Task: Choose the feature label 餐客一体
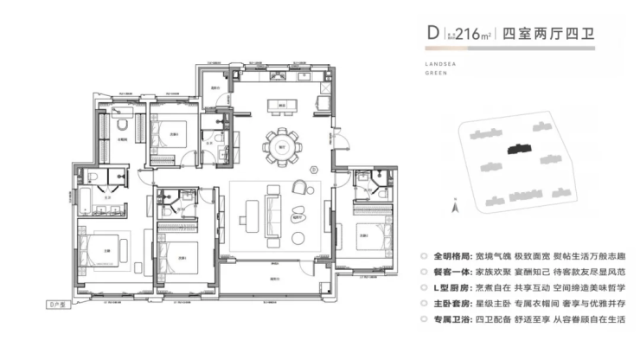[451, 273]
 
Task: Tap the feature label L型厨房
[451, 288]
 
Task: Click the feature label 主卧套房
[451, 304]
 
